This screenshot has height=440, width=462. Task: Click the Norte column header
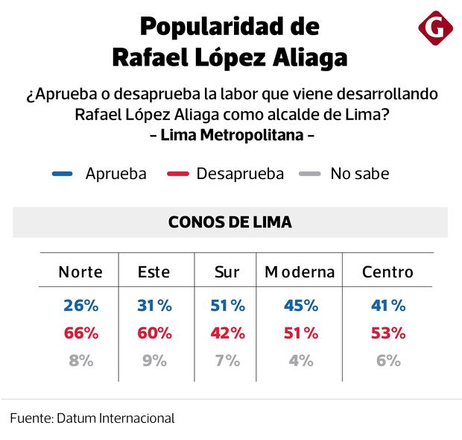coord(80,271)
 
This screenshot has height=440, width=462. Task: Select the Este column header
coord(154,271)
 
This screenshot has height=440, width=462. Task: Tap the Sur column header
coord(227,271)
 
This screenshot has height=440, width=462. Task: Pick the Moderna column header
coord(300,271)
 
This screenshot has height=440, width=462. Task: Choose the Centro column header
coord(387,271)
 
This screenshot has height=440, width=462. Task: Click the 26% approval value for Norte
coord(80,306)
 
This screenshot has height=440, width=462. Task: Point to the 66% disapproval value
coord(80,333)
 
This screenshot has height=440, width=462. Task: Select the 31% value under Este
coord(154,306)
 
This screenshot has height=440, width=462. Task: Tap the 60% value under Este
coord(154,333)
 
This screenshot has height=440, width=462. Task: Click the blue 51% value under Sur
coord(227,306)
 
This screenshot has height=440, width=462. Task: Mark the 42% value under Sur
coord(227,333)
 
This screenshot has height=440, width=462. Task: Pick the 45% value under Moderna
coord(300,306)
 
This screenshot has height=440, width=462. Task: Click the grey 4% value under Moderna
coord(300,361)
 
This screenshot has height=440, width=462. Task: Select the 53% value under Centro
coord(387,333)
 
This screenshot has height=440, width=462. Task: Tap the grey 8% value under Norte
coord(80,361)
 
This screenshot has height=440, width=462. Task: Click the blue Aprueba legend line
coord(63,175)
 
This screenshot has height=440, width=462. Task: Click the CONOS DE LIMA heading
coord(230,222)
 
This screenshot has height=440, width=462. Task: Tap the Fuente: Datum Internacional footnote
coord(92,418)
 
